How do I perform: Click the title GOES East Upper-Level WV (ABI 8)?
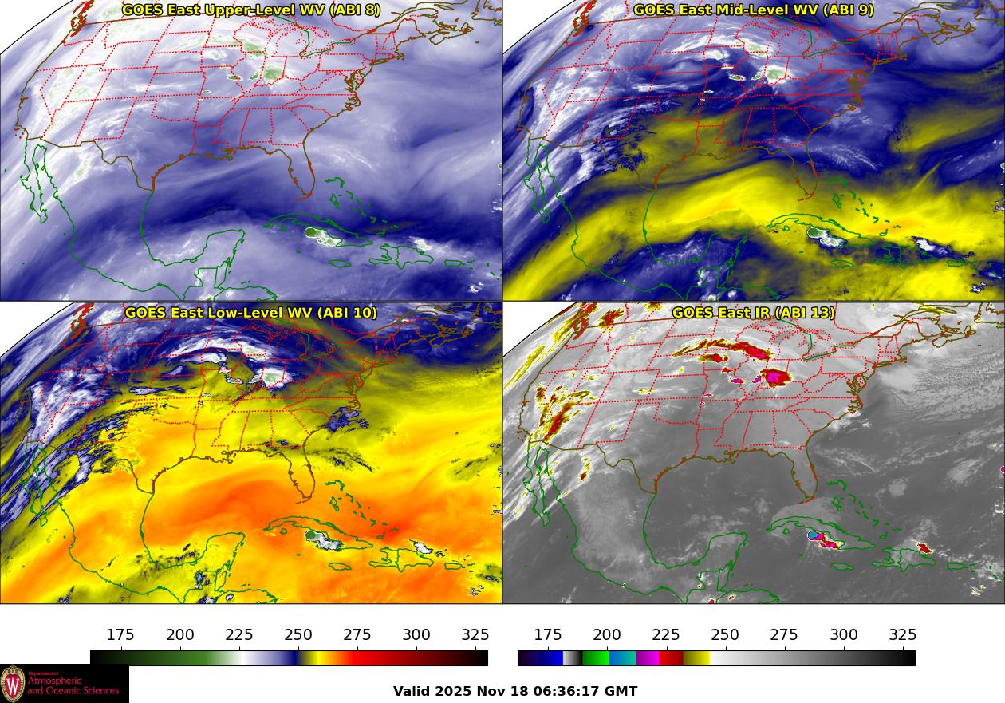tap(251, 10)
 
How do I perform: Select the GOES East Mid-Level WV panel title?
tap(754, 10)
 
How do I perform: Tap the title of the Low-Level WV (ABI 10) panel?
tap(251, 313)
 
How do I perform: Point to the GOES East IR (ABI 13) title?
tap(754, 313)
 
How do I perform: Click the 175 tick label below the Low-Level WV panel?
tap(120, 635)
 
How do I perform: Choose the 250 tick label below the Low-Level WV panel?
tap(298, 635)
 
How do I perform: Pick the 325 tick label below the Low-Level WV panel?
tap(475, 635)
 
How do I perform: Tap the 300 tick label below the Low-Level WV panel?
tap(416, 635)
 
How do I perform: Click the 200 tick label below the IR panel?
tap(607, 635)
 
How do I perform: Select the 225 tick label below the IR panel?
tap(666, 635)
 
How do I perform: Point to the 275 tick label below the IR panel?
tap(784, 635)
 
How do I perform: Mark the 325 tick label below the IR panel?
tap(902, 635)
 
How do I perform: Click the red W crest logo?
tap(13, 684)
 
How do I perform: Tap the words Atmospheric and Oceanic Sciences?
tap(73, 685)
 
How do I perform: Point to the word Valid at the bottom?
tap(412, 692)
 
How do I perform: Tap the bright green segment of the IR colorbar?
tap(596, 658)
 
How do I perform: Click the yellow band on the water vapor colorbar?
tap(311, 658)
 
